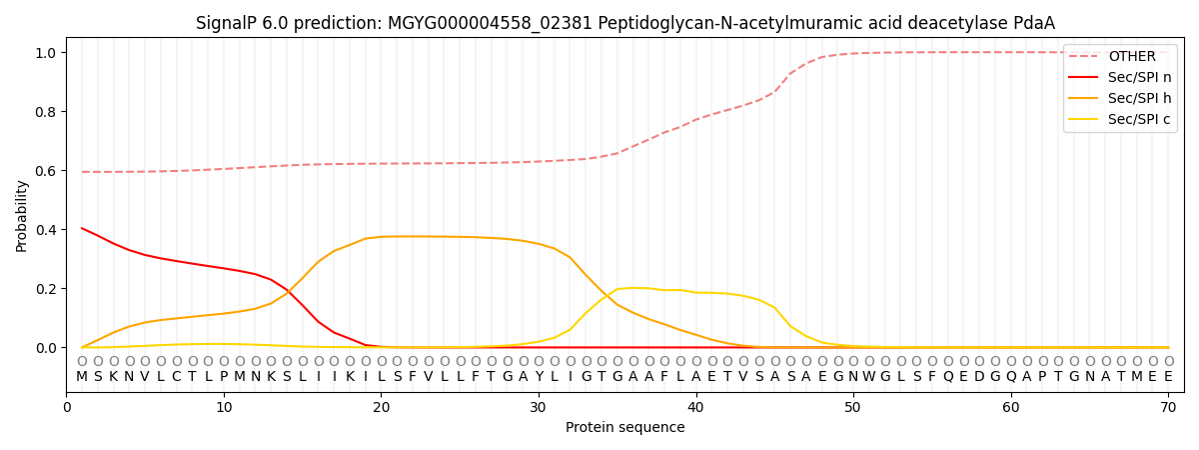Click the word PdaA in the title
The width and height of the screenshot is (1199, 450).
tap(1033, 23)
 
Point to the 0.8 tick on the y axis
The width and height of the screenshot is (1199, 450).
tap(47, 112)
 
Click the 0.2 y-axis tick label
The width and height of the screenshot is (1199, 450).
tap(47, 289)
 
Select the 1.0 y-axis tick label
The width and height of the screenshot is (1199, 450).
tap(47, 52)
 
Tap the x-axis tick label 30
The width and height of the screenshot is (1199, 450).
tap(539, 407)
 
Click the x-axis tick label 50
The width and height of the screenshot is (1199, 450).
tap(853, 407)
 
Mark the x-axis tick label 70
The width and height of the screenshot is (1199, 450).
tap(1168, 407)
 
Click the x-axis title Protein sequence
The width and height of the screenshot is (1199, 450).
tap(625, 428)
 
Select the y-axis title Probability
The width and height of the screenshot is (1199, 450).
tap(22, 216)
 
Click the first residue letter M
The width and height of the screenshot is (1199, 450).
tap(82, 377)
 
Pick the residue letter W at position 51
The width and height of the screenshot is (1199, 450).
tap(869, 377)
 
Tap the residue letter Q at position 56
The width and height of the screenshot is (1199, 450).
tap(948, 377)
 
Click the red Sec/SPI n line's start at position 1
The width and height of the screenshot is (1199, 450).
tap(82, 228)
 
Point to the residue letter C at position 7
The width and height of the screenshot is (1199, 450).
tap(177, 377)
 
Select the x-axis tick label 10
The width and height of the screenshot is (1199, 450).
tap(224, 407)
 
